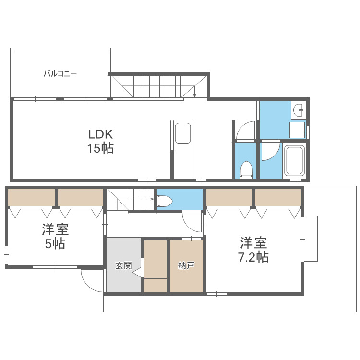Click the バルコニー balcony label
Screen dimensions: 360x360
point(60,74)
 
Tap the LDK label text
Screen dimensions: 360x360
point(100,133)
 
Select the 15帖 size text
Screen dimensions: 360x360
point(100,148)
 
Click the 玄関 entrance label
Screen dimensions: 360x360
point(123,265)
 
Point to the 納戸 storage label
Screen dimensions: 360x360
point(186,265)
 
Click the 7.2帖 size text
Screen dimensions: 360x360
point(253,257)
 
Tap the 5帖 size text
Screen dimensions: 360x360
point(55,244)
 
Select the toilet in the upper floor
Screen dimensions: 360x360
point(246,169)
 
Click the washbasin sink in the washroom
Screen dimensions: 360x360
point(299,111)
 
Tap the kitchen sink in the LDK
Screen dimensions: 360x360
point(183,133)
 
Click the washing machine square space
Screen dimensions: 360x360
point(298,131)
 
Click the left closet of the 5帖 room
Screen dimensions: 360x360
point(31,197)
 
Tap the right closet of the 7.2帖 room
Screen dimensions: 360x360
point(278,197)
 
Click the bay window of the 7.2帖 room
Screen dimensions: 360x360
point(310,239)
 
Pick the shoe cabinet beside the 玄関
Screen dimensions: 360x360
point(155,265)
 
